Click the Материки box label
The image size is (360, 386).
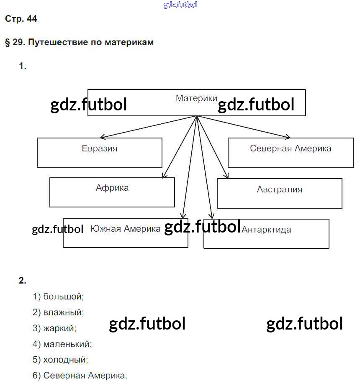coord(196,98)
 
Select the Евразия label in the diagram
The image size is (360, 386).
coord(100,148)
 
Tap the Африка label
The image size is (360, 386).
coord(112,188)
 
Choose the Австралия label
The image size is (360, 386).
coord(280,189)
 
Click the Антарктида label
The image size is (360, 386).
coord(266,230)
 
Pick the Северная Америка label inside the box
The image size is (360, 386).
coord(291,148)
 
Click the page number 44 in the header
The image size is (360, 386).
coord(32,19)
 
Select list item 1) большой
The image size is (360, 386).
coord(59,297)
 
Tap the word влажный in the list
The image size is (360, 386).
coord(64,312)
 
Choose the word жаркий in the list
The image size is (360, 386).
coord(60,328)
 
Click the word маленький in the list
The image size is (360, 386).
coord(67,344)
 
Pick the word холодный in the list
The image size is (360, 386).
coord(66,360)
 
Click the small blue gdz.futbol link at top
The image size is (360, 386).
coord(180,5)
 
